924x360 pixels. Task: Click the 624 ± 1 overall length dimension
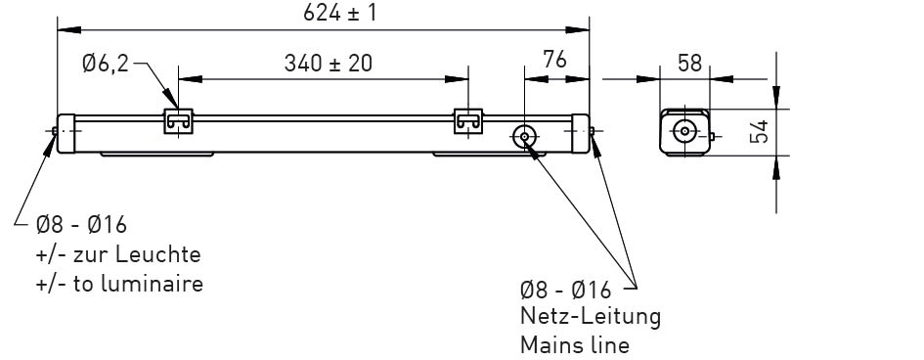(x=339, y=13)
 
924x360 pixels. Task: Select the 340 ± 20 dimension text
(x=329, y=63)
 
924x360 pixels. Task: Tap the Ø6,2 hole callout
(x=106, y=62)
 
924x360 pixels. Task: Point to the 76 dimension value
(x=554, y=59)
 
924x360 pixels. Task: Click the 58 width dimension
(x=690, y=63)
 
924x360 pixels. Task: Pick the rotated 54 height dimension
(x=760, y=131)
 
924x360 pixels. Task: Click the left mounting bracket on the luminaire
(x=179, y=121)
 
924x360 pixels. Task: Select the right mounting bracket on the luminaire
(x=468, y=121)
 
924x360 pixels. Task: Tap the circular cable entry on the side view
(x=524, y=137)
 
